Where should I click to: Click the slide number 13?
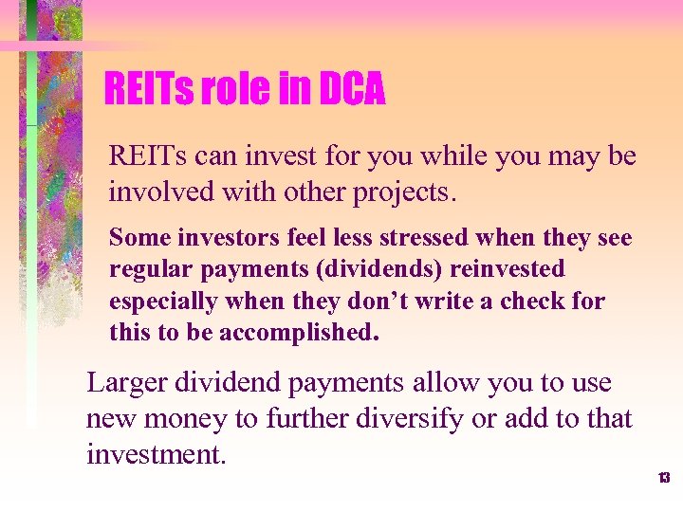pyautogui.click(x=664, y=478)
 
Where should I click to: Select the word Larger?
pyautogui.click(x=125, y=383)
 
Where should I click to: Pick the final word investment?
pyautogui.click(x=157, y=453)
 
